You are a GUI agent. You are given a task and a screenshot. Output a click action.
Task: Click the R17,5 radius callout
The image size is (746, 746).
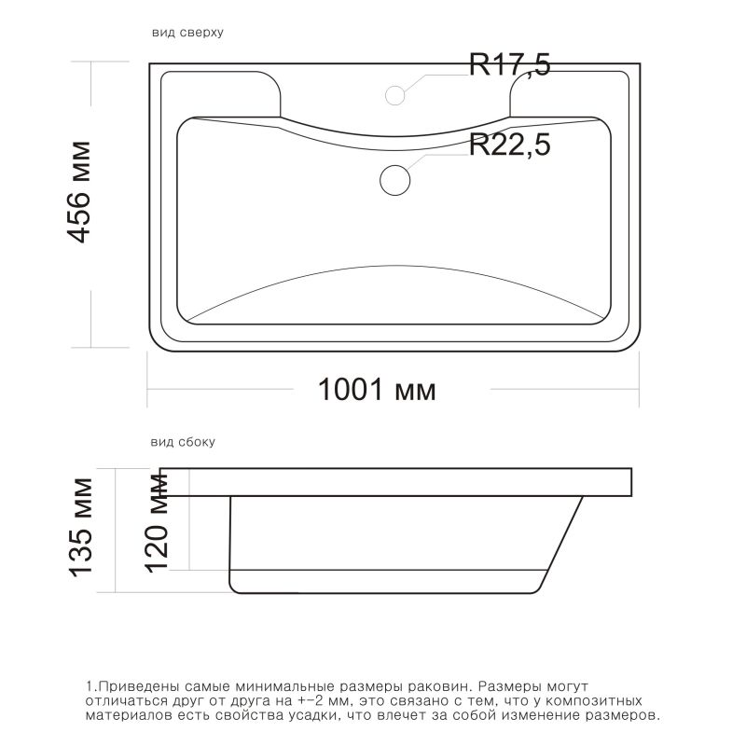pos(509,65)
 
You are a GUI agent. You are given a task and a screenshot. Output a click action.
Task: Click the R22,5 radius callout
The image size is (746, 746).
pos(509,145)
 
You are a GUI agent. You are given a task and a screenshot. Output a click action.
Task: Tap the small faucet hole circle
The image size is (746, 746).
pos(395,94)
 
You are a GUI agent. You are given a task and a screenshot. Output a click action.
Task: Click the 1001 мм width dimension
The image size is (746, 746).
pos(377,389)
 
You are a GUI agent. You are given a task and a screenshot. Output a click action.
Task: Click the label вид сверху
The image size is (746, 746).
pos(186,33)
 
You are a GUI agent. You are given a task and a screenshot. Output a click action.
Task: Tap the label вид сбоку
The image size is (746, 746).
pos(183,442)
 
